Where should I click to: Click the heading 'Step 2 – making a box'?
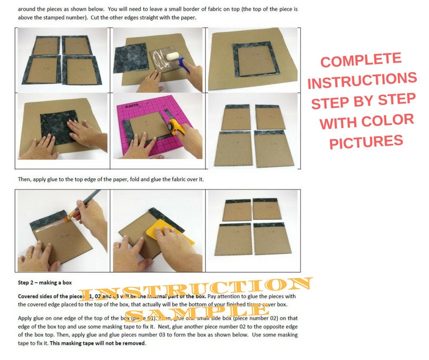45,282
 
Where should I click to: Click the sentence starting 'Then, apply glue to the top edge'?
110,179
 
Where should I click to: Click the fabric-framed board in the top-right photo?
251,58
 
